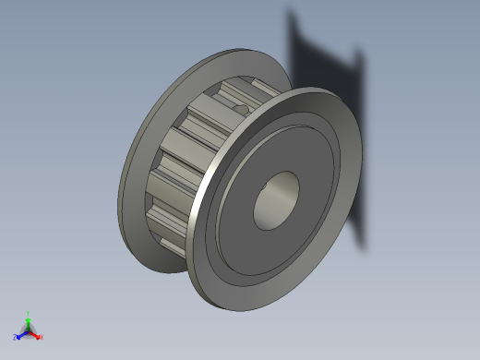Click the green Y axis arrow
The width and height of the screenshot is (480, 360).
(29, 318)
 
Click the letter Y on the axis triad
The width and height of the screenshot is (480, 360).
(29, 313)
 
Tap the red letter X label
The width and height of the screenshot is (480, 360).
(41, 337)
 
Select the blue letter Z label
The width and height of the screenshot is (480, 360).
(16, 338)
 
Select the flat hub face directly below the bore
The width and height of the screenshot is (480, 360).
(277, 254)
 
